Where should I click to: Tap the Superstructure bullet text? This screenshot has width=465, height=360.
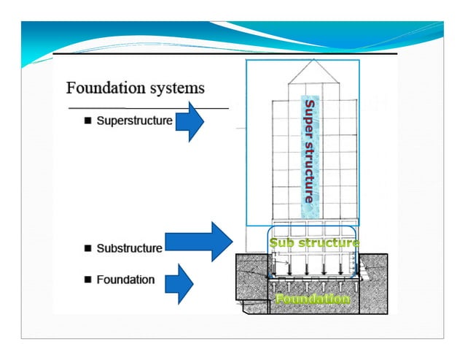(136, 120)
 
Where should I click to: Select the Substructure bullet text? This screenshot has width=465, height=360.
(130, 248)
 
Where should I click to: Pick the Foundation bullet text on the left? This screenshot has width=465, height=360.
(125, 280)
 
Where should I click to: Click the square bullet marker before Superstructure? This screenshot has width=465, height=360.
(87, 120)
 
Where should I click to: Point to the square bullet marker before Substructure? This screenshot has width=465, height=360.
(87, 248)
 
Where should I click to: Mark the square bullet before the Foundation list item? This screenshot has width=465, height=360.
(87, 280)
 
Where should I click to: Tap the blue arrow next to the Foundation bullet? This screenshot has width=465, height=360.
(179, 284)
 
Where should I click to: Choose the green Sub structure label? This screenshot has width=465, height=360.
(313, 242)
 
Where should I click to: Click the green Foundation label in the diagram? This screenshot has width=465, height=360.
(313, 299)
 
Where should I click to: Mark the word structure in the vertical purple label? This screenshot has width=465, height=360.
(308, 171)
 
